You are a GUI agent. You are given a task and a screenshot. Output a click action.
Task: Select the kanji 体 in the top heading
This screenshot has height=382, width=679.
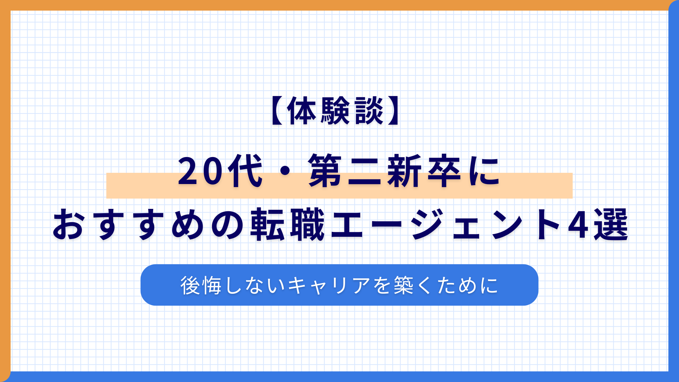pos(302,111)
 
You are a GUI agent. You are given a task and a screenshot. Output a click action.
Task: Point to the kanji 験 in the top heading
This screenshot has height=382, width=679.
pos(335,111)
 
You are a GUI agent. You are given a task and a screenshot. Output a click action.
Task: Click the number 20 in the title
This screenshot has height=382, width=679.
pos(200,172)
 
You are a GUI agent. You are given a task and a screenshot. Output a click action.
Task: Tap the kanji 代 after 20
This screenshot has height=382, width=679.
pos(245,172)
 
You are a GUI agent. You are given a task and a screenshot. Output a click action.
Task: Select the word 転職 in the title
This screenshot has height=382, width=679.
pos(287,225)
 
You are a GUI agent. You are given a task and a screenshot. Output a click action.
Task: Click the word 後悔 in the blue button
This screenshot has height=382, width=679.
pos(201,285)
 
